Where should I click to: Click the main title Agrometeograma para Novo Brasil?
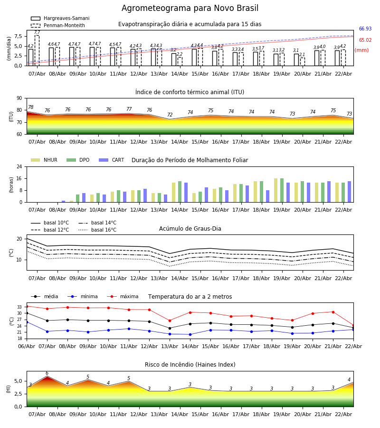click(190, 9)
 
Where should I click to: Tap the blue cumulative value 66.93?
click(365, 29)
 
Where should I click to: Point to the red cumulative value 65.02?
click(365, 40)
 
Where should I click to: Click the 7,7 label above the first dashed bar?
click(37, 32)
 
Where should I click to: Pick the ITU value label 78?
click(30, 107)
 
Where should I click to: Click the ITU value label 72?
click(170, 115)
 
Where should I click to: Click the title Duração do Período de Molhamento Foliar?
click(190, 160)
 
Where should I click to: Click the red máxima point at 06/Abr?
click(27, 306)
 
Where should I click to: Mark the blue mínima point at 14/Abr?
click(190, 334)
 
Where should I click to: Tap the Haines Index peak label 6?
click(47, 373)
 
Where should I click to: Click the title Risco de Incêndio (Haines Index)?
click(190, 365)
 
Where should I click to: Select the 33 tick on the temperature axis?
click(19, 307)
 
